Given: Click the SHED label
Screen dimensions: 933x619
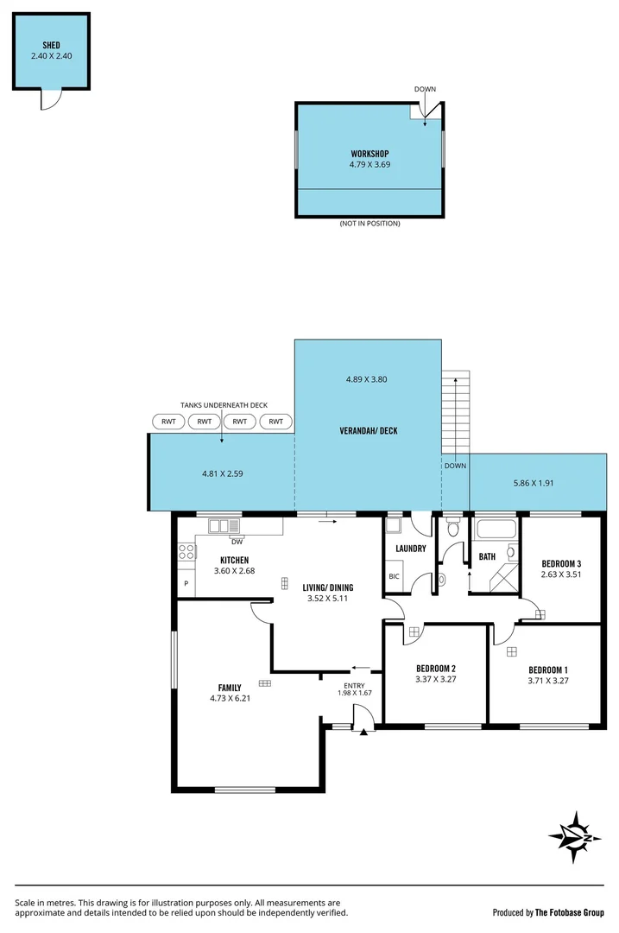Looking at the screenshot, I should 51,44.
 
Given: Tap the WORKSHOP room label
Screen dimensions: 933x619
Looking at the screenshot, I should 370,153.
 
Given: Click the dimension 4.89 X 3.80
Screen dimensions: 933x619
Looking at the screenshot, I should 368,379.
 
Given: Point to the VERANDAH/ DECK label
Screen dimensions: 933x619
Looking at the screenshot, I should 369,430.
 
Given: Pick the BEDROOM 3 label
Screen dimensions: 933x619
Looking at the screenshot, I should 560,563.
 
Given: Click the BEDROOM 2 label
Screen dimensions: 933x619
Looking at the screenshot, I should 435,669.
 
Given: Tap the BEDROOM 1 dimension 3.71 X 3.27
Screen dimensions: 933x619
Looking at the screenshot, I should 548,681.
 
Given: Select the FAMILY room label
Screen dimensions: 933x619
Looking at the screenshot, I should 229,688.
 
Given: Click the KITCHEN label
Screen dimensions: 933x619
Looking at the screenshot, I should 235,560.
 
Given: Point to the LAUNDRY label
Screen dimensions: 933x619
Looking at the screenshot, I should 410,549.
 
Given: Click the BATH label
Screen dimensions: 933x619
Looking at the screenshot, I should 487,557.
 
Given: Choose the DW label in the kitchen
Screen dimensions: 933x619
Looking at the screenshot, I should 236,542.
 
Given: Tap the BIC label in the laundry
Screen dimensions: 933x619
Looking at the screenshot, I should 395,576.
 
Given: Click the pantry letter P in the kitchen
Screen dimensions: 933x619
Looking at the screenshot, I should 186,584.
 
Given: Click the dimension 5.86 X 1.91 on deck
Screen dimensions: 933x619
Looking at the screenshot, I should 533,483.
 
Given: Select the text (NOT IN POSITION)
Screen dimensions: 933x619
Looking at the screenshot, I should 370,224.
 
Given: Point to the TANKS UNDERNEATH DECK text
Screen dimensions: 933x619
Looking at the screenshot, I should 224,404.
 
